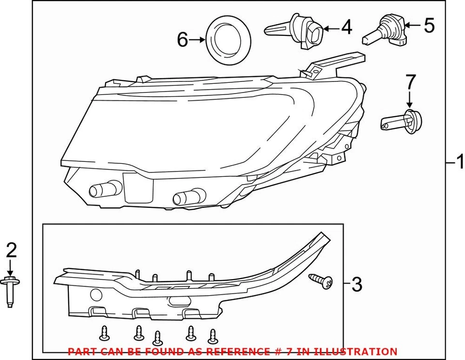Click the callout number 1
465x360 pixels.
(458, 163)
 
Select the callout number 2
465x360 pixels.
(11, 250)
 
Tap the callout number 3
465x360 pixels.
(356, 284)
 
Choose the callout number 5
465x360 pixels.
(429, 25)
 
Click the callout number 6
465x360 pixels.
(182, 40)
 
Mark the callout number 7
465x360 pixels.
(410, 80)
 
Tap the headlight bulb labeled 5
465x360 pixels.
(386, 30)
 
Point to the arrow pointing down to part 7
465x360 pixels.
(410, 99)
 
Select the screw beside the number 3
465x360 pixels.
(321, 281)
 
